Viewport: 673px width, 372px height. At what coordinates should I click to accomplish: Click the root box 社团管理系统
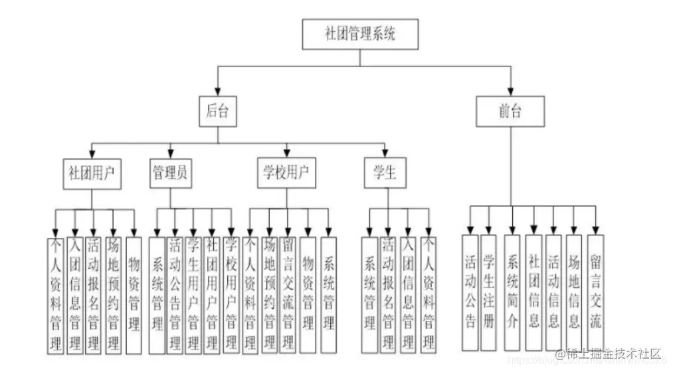[360, 34]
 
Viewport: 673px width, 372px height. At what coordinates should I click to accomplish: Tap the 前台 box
[510, 112]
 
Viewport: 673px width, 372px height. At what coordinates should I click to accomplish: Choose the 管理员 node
[169, 173]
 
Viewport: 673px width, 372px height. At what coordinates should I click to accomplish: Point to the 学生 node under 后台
[385, 173]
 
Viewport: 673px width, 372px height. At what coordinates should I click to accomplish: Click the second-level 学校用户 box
[287, 173]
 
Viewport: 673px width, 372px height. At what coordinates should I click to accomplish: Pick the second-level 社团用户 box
[91, 173]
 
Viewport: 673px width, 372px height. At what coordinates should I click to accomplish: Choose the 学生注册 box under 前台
[489, 292]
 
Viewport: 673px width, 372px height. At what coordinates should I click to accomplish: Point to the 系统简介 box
[512, 292]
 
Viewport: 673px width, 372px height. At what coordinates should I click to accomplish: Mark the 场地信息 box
[574, 292]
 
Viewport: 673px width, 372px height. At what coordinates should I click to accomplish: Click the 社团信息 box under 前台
[533, 292]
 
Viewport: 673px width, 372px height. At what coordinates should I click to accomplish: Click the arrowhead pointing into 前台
[510, 92]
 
